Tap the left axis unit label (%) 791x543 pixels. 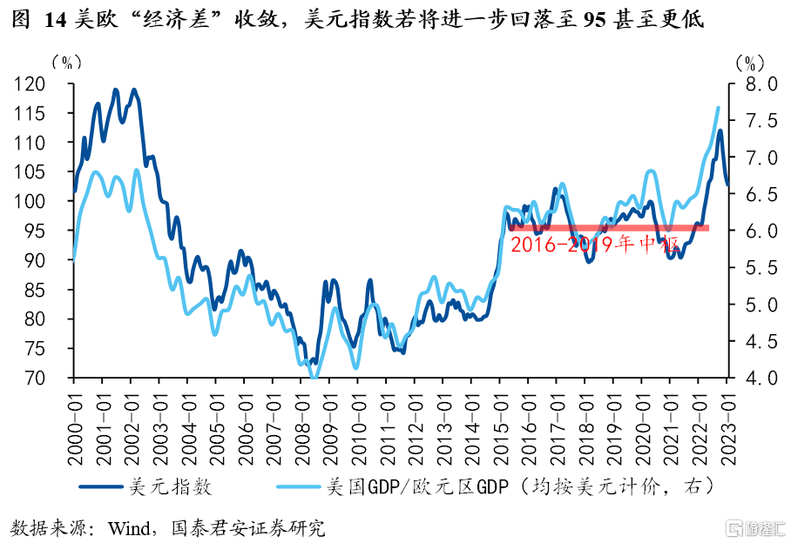66,62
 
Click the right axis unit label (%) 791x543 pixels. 750,62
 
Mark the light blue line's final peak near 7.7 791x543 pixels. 718,108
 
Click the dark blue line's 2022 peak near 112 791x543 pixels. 720,131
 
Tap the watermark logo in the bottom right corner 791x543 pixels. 755,528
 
